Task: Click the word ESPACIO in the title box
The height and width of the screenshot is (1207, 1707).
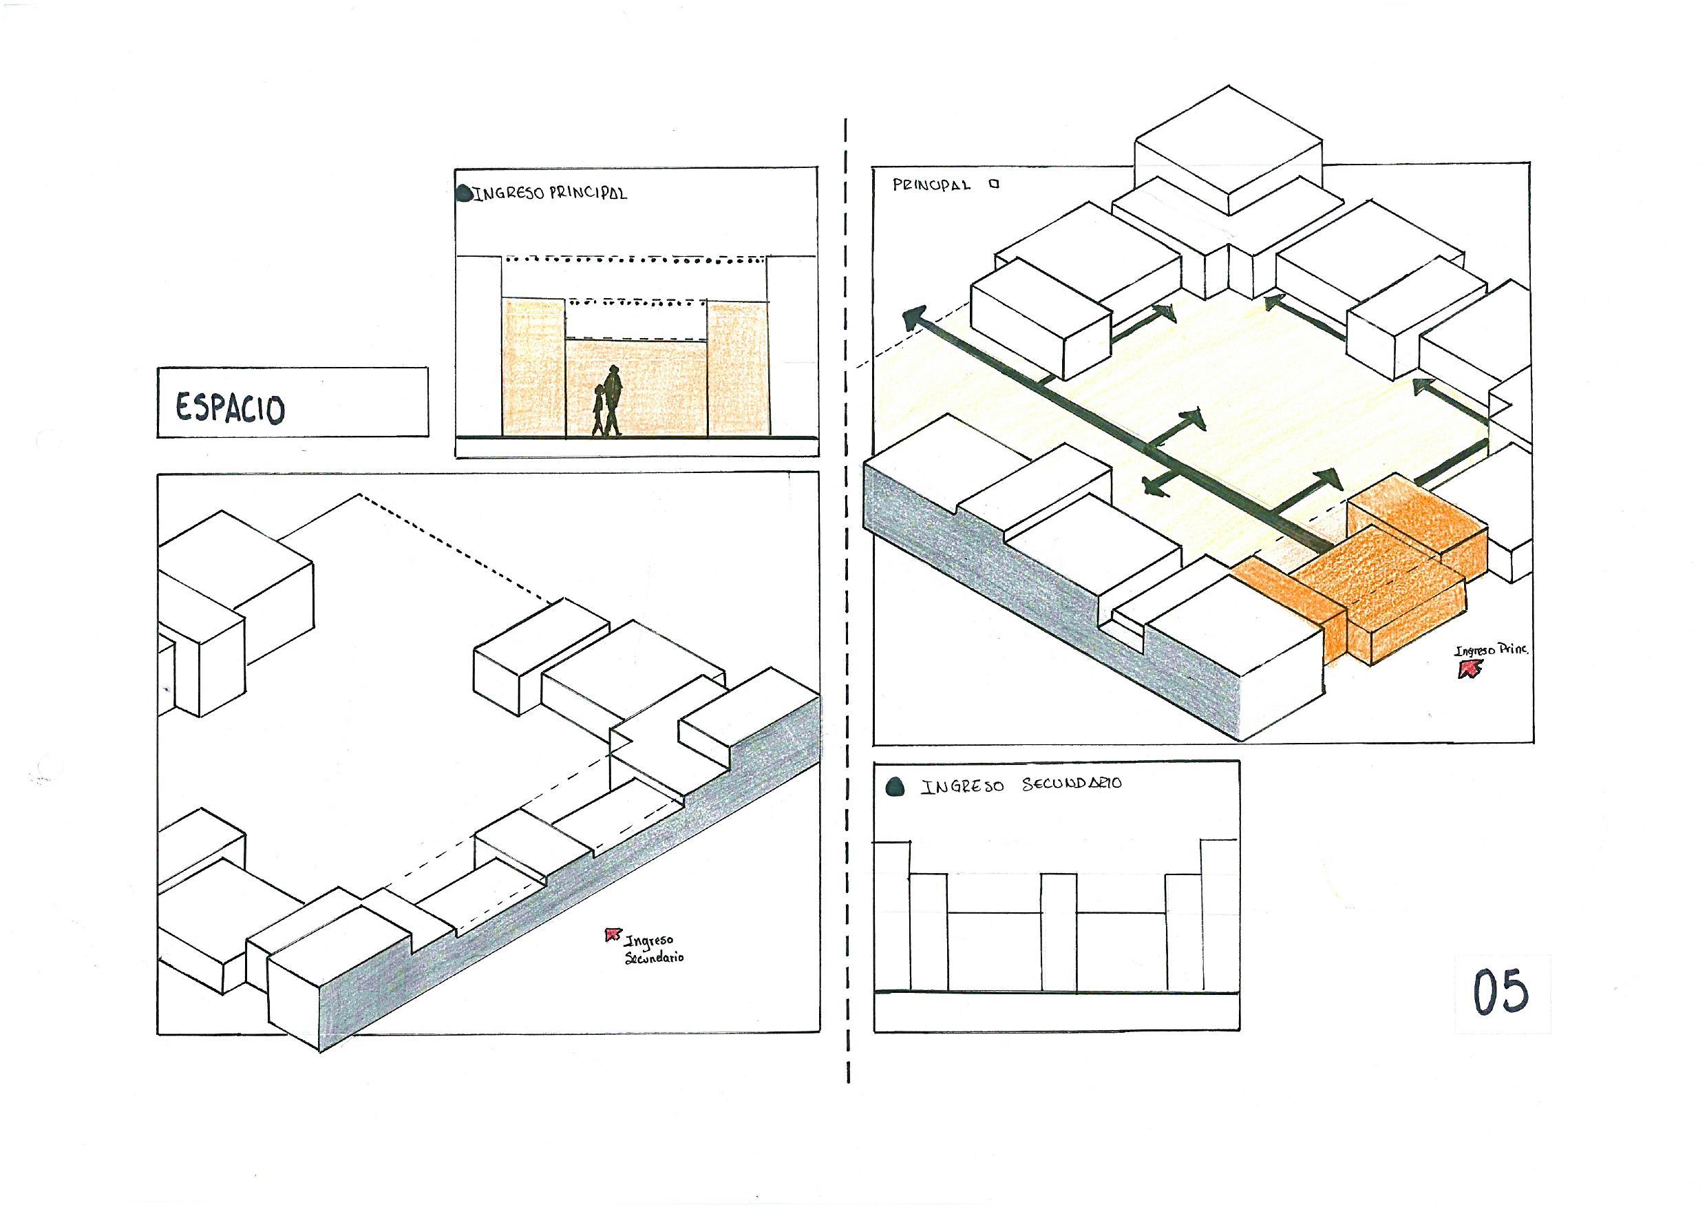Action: [230, 408]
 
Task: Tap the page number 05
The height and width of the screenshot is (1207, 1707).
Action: [1501, 991]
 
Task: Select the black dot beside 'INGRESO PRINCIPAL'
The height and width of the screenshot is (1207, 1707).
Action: [464, 194]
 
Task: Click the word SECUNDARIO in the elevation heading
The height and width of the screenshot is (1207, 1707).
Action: [1072, 786]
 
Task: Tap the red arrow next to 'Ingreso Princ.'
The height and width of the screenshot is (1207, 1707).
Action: [1467, 670]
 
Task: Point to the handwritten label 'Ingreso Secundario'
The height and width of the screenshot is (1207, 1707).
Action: [653, 949]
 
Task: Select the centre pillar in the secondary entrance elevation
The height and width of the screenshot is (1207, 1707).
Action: [1058, 932]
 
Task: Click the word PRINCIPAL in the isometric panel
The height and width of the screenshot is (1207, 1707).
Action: [931, 185]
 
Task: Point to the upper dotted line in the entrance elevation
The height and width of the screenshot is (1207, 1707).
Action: [636, 260]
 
